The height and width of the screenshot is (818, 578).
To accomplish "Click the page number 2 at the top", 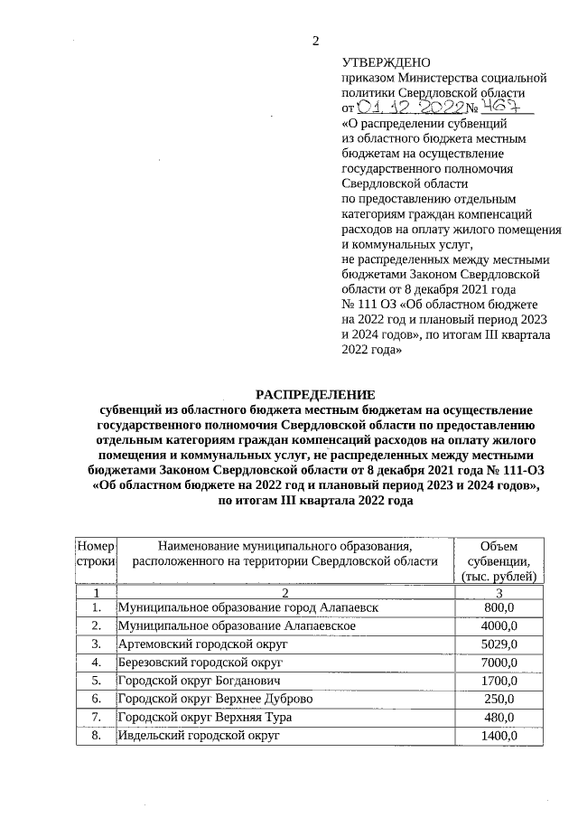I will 315,41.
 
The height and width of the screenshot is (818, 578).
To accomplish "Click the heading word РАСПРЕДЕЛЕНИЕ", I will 314,395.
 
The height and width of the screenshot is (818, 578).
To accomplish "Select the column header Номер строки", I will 94,553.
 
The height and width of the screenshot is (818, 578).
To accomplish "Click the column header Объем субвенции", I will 499,560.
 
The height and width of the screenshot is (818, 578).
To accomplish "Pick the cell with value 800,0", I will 499,607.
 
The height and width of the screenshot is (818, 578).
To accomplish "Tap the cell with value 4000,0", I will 499,625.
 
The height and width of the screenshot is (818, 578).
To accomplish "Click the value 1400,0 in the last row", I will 499,737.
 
